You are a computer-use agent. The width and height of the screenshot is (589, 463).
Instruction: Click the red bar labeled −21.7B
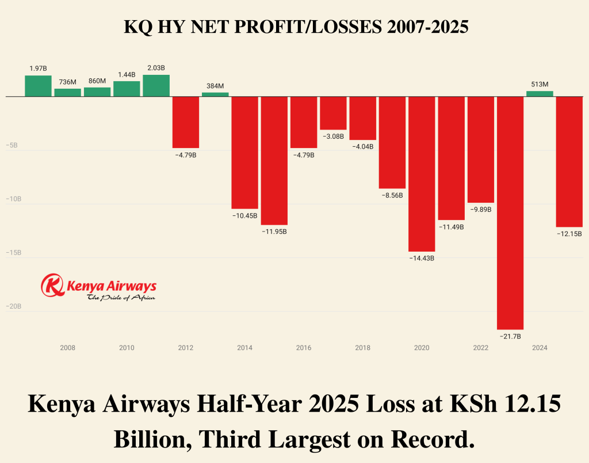click(x=510, y=212)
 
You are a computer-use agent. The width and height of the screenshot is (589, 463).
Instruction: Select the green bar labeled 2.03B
click(x=156, y=85)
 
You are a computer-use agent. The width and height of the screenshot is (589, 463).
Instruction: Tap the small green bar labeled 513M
click(x=540, y=93)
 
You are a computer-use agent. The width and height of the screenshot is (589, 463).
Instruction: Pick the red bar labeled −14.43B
click(x=422, y=174)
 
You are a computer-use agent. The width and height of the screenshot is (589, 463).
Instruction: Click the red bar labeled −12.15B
click(x=569, y=162)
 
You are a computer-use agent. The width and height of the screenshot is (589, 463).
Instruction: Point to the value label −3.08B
click(x=333, y=136)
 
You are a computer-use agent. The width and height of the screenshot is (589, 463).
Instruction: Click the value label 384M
click(x=215, y=86)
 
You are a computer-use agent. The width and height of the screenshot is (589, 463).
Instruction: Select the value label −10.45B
click(x=244, y=215)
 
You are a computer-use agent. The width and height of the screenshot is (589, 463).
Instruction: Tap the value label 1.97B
click(x=38, y=69)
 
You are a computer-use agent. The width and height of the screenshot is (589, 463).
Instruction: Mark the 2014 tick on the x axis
click(x=244, y=348)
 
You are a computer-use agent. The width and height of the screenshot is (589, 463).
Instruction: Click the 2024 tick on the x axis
click(x=540, y=348)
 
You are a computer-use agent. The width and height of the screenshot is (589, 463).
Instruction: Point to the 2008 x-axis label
click(x=67, y=348)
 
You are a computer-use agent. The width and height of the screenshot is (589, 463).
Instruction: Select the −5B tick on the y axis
click(x=12, y=146)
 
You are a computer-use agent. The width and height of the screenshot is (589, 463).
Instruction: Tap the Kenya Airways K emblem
click(x=53, y=285)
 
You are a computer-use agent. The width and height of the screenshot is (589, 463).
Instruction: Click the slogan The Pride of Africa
click(x=120, y=298)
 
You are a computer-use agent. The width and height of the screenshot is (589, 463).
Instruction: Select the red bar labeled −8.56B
click(x=392, y=143)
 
